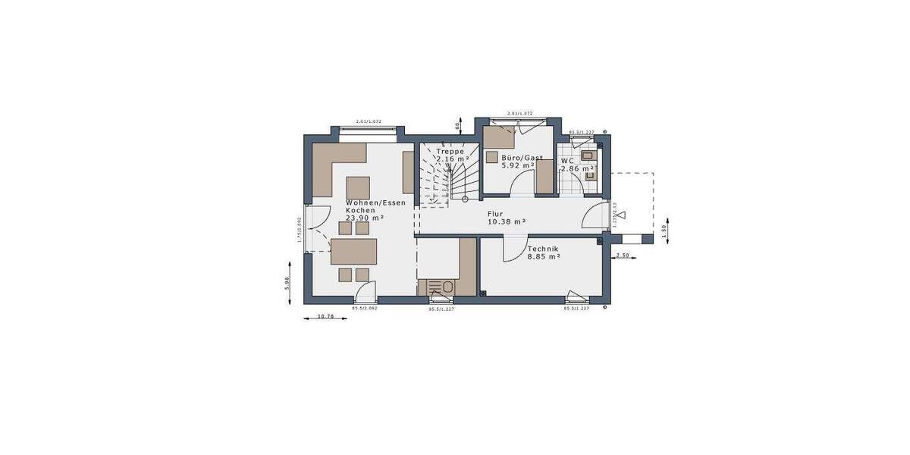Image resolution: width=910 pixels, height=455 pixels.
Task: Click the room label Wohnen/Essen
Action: pos(376,202)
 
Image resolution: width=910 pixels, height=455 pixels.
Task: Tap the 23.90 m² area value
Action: pos(365,218)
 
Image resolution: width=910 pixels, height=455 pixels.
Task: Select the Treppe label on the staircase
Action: pos(450,151)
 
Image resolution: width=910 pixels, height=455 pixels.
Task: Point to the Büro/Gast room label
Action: pos(522,158)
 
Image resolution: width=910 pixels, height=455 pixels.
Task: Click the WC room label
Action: pos(566,161)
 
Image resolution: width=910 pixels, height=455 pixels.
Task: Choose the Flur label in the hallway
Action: pos(496,214)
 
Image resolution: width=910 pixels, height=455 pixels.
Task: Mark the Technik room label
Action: pos(543,249)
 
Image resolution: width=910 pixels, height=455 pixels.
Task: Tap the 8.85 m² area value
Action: pos(544,257)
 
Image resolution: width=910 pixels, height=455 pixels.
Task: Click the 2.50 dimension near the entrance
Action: pos(623,256)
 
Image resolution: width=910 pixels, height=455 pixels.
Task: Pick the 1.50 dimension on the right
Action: pos(664,232)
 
